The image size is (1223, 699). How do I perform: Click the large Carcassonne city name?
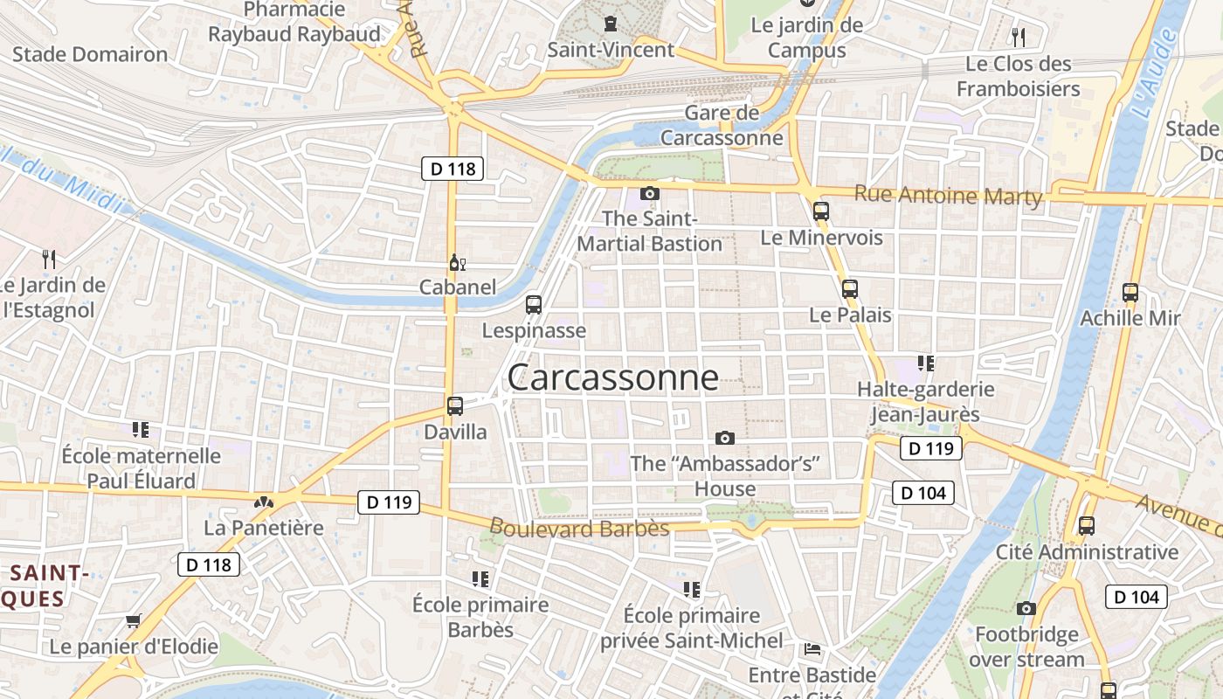(x=612, y=377)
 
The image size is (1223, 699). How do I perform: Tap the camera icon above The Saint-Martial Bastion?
(x=649, y=193)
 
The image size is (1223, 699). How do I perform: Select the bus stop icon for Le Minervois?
(x=820, y=211)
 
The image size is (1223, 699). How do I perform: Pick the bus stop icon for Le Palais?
(x=849, y=288)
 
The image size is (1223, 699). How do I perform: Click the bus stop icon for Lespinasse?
(x=533, y=305)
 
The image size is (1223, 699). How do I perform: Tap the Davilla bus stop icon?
(x=454, y=405)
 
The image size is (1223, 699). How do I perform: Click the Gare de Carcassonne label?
(x=722, y=125)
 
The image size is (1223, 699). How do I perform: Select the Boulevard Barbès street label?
(x=579, y=528)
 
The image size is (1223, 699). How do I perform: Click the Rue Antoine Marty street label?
(x=948, y=196)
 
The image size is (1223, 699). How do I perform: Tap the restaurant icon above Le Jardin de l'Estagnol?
(x=49, y=259)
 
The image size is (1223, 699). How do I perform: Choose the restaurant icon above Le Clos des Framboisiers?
(x=1018, y=37)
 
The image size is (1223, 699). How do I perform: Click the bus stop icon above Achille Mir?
(x=1130, y=293)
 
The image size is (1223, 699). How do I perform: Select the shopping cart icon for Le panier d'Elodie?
(x=133, y=620)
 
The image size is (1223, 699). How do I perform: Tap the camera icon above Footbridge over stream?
(x=1026, y=608)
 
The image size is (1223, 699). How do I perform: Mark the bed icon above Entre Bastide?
(x=812, y=649)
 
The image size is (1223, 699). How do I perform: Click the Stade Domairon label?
(x=90, y=54)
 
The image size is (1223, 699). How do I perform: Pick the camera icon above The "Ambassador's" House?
(x=724, y=438)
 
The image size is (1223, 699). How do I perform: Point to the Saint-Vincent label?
(x=611, y=50)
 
